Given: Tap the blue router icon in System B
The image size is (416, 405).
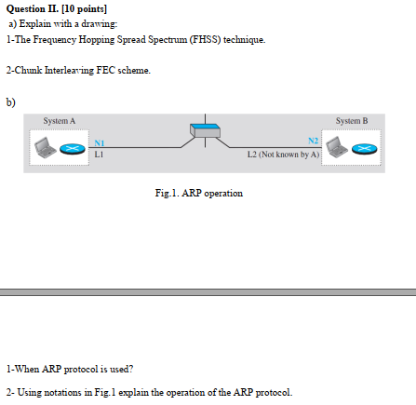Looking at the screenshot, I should click(x=368, y=150).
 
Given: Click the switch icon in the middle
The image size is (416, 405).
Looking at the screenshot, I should click(x=204, y=132).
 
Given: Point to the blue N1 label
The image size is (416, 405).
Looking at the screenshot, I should click(x=101, y=141).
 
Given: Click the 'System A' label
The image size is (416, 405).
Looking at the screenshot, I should click(x=60, y=120).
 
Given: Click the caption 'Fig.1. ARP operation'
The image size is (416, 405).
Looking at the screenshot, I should click(x=200, y=193).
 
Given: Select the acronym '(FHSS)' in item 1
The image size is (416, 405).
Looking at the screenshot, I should click(x=206, y=40).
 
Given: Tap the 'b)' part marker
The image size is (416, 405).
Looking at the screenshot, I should click(x=11, y=101).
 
